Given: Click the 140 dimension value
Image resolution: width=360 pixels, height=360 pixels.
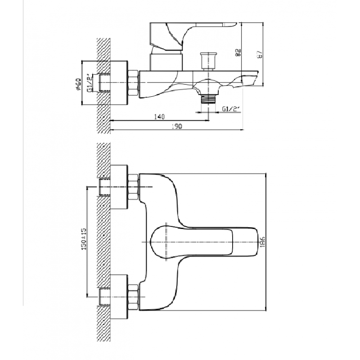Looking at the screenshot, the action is pos(159,117).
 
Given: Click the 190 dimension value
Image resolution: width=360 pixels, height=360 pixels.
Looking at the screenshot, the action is pos(176,126).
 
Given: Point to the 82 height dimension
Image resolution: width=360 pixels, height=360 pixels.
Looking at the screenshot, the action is pos(238,52).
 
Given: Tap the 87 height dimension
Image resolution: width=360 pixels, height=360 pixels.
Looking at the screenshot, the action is pos(260,54).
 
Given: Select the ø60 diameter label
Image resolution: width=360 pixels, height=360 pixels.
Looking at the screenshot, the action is pos(78,84).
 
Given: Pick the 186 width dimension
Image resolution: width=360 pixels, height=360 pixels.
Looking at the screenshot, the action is pos(263,242).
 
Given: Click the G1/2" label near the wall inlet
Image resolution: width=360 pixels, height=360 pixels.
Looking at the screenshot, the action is pos(89,83).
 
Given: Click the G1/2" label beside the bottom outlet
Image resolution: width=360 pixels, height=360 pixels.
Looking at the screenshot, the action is pos(230,109).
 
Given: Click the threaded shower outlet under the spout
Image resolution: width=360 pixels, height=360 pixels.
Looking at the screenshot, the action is pos(208,99).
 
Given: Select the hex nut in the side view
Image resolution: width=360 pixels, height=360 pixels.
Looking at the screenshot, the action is pos(133,83).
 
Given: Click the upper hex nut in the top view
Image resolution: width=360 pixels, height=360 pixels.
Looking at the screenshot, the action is pos(133,187).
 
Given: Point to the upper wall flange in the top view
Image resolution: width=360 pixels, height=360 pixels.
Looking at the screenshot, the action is pos(119,187).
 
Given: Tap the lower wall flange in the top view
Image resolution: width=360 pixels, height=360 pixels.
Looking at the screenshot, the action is pos(119,297).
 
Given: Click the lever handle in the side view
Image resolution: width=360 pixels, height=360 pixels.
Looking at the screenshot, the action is pos(193,36).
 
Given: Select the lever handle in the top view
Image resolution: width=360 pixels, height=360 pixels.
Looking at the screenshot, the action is pos(204,242).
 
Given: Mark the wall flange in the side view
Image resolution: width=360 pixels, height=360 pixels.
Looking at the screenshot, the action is pos(119,83).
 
